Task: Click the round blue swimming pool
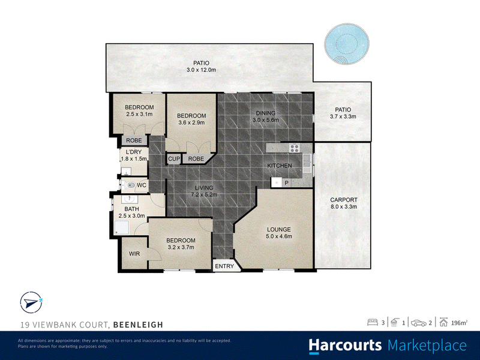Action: click(347, 43)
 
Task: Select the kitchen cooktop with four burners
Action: click(295, 148)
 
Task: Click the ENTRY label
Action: click(224, 266)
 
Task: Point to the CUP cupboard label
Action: click(174, 159)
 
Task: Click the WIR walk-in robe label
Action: click(134, 254)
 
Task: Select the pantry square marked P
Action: click(287, 183)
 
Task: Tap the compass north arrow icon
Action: click(31, 302)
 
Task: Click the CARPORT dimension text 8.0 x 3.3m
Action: click(344, 206)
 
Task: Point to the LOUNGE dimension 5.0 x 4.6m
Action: click(279, 236)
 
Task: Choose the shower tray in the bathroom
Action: click(122, 227)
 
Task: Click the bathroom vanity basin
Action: click(130, 200)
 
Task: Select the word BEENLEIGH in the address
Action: click(138, 325)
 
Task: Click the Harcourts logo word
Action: click(346, 346)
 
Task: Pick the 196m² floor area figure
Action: click(459, 323)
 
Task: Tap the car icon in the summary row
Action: click(419, 323)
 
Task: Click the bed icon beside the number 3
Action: click(373, 322)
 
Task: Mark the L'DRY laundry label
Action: click(134, 152)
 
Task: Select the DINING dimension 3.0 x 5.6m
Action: click(266, 120)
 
